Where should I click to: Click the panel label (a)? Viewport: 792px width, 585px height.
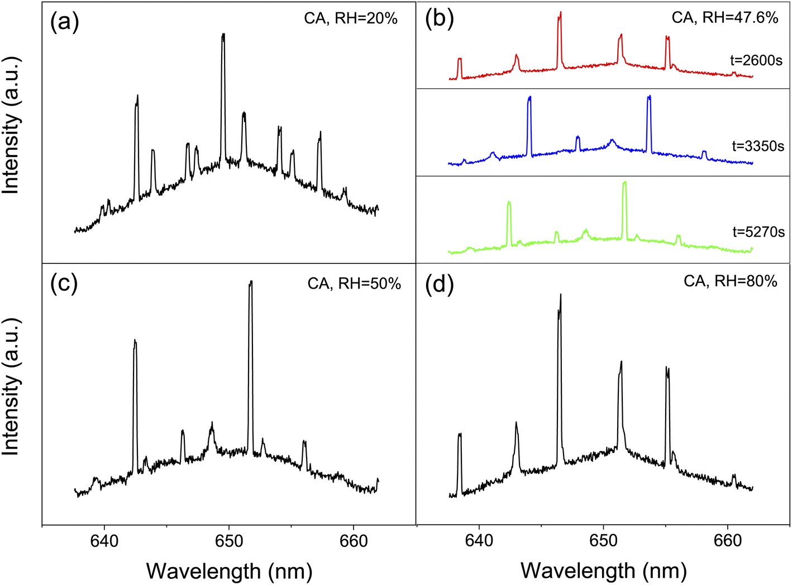click(x=65, y=23)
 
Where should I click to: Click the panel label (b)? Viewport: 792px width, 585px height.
click(x=439, y=19)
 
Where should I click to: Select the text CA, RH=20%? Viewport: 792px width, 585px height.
click(x=351, y=18)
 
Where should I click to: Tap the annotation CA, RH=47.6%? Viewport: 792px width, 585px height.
click(x=724, y=17)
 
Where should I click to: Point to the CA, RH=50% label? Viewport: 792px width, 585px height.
click(x=354, y=284)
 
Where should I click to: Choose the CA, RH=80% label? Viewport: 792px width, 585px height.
click(x=730, y=281)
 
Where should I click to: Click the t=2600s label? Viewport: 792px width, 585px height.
click(x=756, y=60)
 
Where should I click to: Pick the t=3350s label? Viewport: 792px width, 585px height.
click(x=757, y=146)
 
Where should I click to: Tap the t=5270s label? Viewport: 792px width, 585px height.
click(x=758, y=232)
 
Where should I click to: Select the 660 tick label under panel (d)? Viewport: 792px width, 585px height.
click(x=728, y=541)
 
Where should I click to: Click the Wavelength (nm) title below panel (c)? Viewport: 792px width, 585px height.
click(x=229, y=571)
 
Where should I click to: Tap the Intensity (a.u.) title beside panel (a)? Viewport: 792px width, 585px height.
click(x=11, y=125)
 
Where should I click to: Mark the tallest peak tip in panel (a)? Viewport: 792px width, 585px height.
click(x=223, y=34)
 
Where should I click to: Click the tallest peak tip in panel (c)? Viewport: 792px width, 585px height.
click(x=251, y=281)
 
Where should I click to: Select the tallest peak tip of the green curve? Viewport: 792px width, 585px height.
click(x=624, y=182)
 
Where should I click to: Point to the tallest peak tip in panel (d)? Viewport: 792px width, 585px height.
click(x=560, y=294)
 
